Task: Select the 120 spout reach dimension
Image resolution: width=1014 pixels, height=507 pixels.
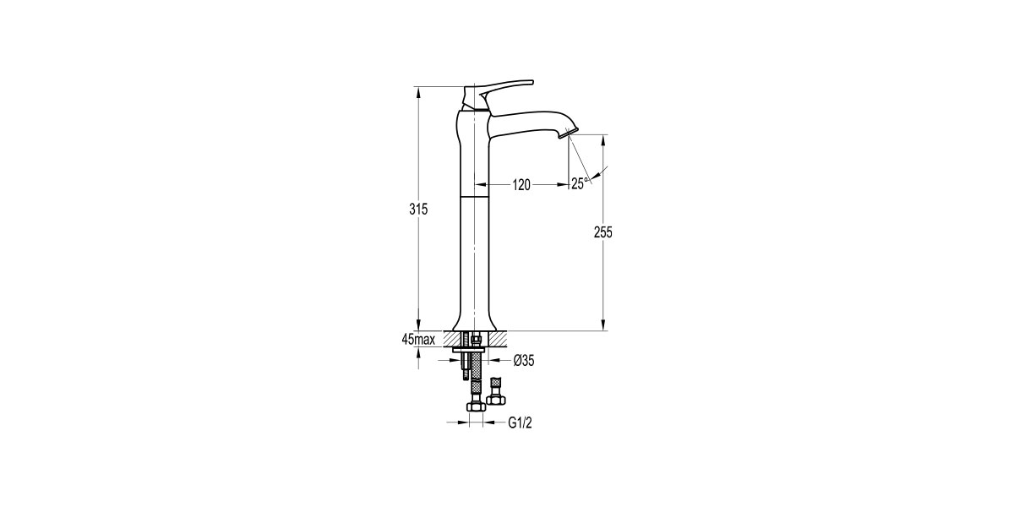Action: click(x=520, y=185)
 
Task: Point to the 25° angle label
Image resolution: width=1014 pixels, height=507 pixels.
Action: click(x=579, y=183)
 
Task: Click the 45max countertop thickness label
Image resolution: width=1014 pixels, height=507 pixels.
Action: click(x=418, y=340)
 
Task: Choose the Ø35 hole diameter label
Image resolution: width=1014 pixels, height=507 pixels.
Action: click(x=523, y=361)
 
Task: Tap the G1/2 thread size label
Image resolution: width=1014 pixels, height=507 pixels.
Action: click(x=520, y=422)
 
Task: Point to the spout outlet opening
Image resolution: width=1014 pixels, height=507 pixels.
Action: click(x=570, y=134)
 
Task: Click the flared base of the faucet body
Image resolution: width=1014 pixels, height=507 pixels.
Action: click(x=475, y=324)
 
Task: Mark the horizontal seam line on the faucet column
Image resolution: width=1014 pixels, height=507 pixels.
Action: click(x=475, y=195)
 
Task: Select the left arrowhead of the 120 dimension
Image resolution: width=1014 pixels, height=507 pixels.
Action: click(x=479, y=185)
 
